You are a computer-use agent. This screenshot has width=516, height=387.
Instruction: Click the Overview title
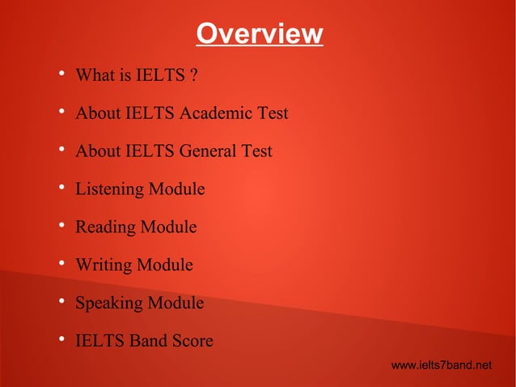tap(259, 35)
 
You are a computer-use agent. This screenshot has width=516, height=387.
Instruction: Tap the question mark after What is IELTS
tap(194, 76)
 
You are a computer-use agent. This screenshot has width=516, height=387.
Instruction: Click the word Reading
tap(105, 228)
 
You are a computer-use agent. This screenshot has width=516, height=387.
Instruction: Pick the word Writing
tap(104, 265)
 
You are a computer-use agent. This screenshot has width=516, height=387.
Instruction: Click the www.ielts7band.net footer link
tap(441, 366)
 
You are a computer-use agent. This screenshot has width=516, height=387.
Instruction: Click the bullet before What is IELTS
tap(61, 76)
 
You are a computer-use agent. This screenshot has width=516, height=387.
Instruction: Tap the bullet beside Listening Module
tap(61, 189)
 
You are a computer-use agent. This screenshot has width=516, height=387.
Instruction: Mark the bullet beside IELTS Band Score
tap(61, 341)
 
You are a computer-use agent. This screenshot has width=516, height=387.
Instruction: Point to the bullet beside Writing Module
tap(61, 265)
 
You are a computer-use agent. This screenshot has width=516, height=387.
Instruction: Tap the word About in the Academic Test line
tap(97, 113)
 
